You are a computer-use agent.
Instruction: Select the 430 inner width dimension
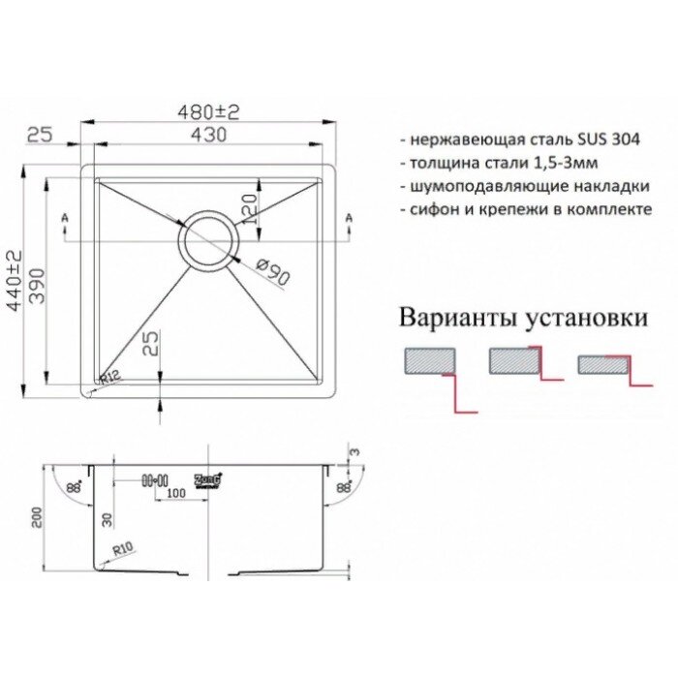(208, 135)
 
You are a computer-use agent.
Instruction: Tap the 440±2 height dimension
(14, 277)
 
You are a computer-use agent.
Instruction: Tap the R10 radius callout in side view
(123, 549)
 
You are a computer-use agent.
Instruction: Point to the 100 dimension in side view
(175, 495)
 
